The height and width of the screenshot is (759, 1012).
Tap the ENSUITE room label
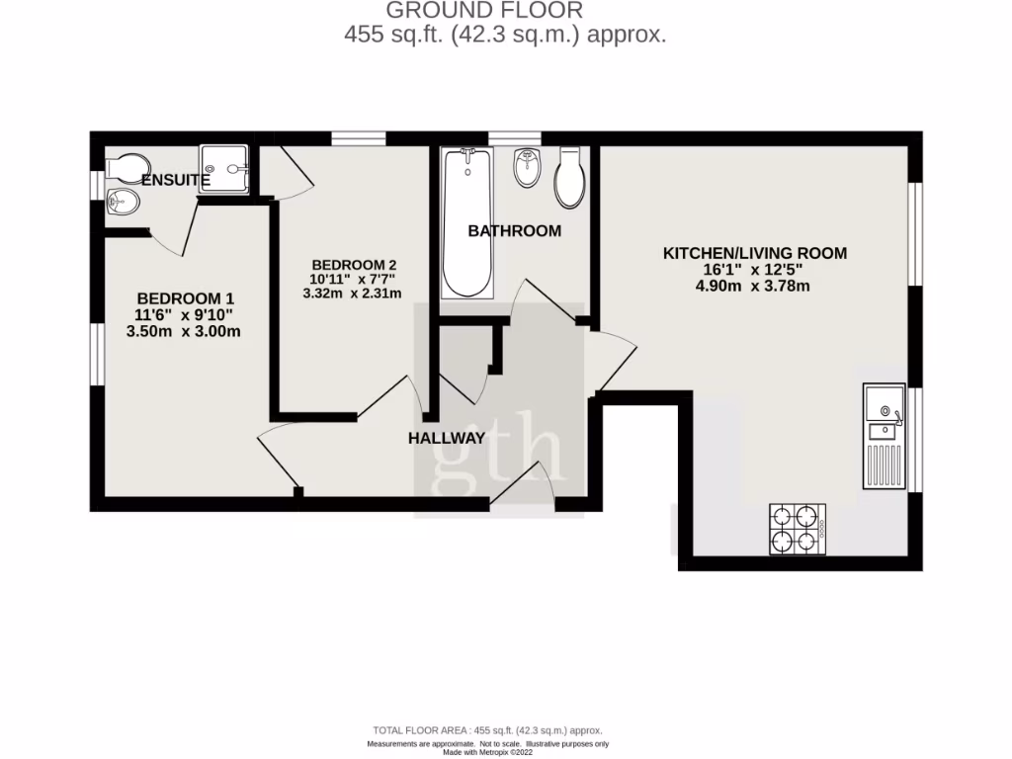tap(175, 180)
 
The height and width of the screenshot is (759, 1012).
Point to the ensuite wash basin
tap(122, 203)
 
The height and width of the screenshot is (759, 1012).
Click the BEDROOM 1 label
tap(185, 298)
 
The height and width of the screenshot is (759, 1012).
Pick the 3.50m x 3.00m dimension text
tap(185, 332)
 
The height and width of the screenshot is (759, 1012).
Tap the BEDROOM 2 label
tap(354, 265)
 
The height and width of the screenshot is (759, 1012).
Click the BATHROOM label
tap(514, 231)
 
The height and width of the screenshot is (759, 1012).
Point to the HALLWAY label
tap(448, 439)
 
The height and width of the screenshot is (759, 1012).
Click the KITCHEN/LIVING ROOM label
tap(754, 253)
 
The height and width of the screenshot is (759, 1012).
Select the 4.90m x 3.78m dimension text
tap(754, 287)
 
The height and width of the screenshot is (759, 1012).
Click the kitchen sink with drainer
tap(884, 436)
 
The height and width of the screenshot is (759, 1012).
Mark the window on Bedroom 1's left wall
tap(98, 353)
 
